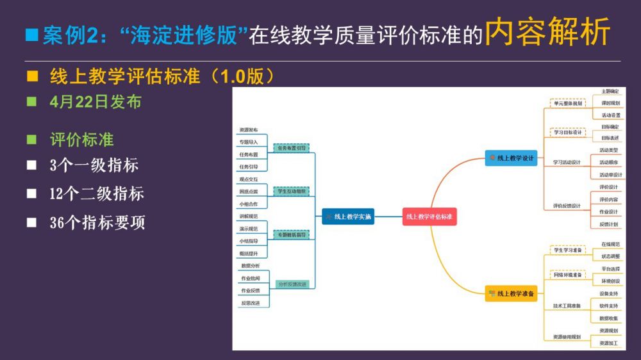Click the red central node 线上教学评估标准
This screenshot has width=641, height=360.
click(429, 217)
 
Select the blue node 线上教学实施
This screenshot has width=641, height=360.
click(348, 217)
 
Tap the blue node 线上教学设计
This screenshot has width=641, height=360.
click(511, 158)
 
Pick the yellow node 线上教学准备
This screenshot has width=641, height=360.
click(511, 293)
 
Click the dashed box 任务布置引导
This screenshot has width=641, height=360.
click(292, 148)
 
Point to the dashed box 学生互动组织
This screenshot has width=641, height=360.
click(292, 192)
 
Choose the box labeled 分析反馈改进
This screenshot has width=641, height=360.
click(292, 284)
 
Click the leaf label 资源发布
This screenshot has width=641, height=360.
click(249, 129)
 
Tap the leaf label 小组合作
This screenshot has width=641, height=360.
click(249, 204)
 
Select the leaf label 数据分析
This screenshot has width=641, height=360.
click(251, 265)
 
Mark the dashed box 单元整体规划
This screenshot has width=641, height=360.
click(568, 103)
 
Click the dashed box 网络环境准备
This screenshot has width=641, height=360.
click(567, 275)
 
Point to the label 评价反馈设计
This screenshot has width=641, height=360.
click(567, 206)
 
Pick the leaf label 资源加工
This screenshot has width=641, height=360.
click(609, 343)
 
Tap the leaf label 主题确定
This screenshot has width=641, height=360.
click(610, 92)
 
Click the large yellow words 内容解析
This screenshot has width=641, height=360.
click(547, 33)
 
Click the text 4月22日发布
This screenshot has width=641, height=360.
click(95, 102)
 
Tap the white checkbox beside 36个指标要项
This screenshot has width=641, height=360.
click(31, 223)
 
